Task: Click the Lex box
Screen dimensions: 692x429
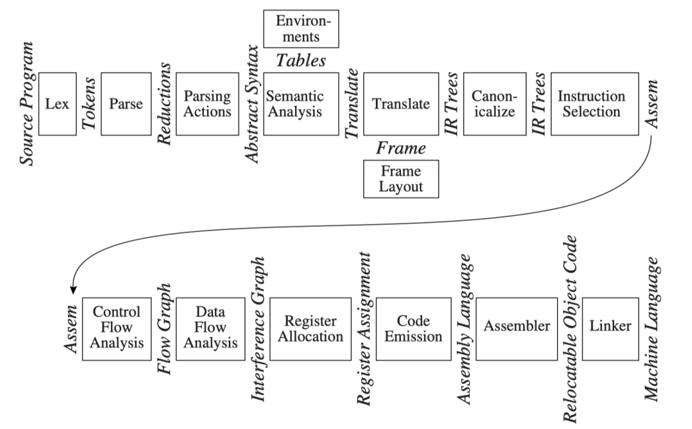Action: coord(58,104)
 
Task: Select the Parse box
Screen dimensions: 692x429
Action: coord(126,104)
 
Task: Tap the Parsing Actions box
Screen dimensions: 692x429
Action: coord(208,104)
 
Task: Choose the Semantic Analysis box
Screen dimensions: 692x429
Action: coord(301,104)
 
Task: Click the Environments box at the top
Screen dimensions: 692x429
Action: coord(301,28)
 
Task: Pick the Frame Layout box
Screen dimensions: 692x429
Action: coord(401,179)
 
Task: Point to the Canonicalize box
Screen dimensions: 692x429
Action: coord(495,104)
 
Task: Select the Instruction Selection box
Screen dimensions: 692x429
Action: coord(595,104)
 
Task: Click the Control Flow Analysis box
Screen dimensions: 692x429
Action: coord(116,329)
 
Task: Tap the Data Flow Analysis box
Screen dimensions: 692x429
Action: coord(210,329)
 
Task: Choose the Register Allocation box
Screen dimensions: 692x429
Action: coord(311,329)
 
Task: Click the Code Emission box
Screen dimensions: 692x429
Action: coord(413,329)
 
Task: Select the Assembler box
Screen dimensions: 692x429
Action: coord(517,329)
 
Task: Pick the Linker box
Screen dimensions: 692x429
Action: coord(611,329)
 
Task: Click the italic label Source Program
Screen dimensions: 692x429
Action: coord(26,104)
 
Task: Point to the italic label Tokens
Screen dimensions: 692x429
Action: coord(89,104)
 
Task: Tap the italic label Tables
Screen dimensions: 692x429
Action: coord(301,60)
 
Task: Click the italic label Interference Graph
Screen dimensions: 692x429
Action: coord(258,329)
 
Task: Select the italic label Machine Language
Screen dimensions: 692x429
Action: coord(652,329)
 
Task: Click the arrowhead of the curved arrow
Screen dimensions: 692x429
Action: coord(73,290)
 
